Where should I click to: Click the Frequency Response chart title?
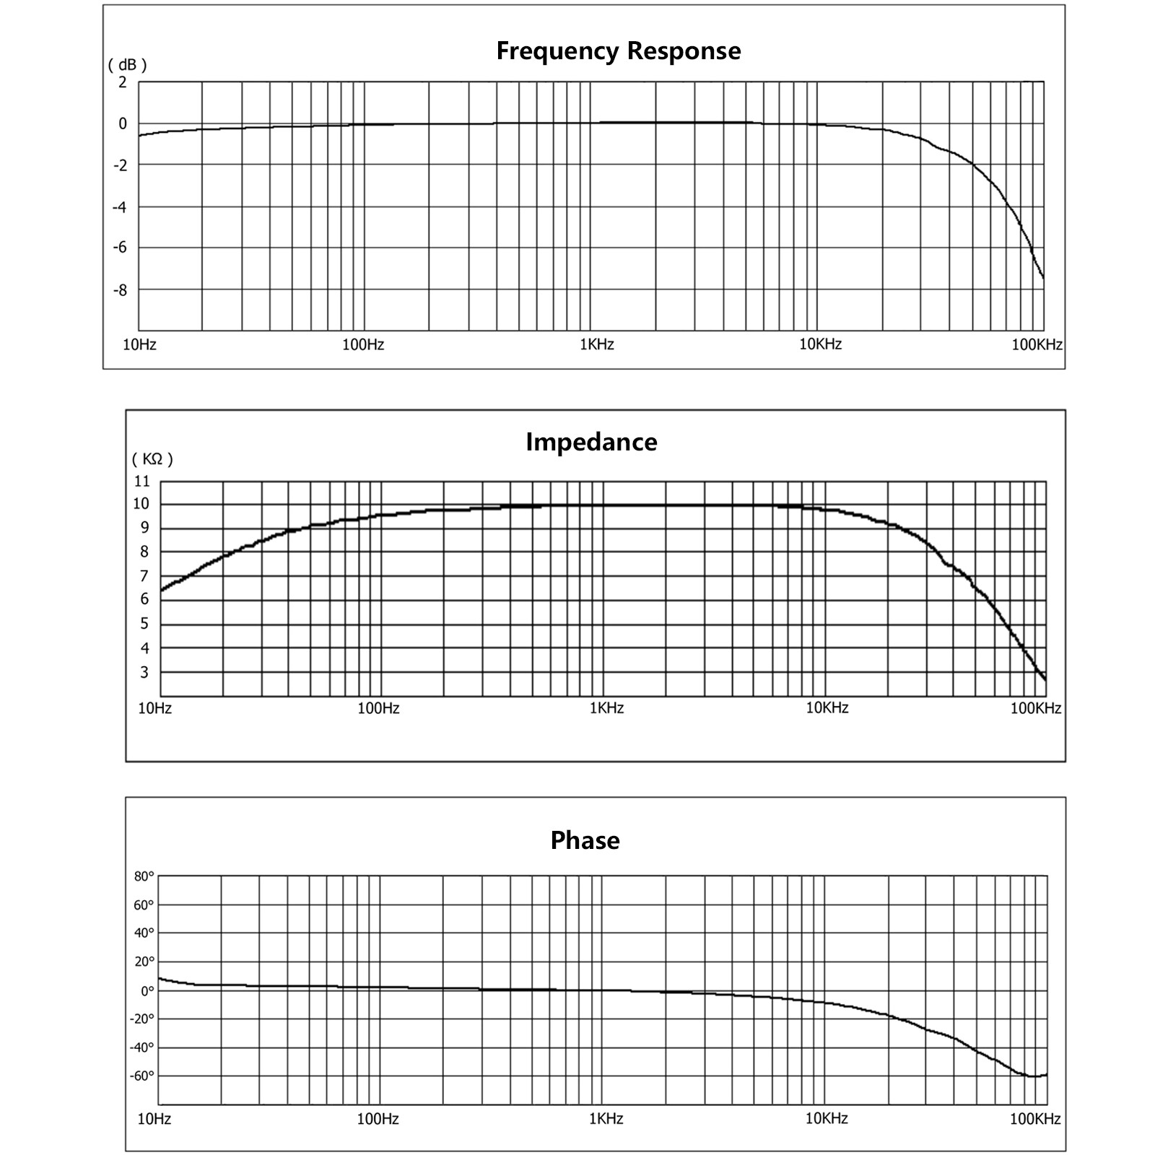point(619,51)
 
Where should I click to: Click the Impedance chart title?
point(591,442)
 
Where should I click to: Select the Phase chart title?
point(585,840)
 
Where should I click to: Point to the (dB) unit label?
point(127,65)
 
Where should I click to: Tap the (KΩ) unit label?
point(152,459)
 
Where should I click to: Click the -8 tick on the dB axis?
point(119,290)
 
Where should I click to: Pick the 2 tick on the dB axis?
point(123,82)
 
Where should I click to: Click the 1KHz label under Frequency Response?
point(597,344)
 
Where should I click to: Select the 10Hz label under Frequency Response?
point(139,344)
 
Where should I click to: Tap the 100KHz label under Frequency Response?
point(1037,344)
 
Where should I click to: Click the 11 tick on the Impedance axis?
point(141,481)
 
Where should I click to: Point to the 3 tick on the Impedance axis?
point(144,673)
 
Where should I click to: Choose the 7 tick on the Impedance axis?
point(144,576)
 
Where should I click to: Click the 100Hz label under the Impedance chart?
point(378,708)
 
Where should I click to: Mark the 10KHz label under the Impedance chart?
point(827,708)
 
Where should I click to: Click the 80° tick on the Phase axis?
point(144,877)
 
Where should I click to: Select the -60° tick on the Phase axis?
point(141,1076)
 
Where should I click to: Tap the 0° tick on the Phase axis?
point(147,990)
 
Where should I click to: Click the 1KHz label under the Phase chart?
point(606,1119)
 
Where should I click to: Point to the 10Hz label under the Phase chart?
point(154,1119)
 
